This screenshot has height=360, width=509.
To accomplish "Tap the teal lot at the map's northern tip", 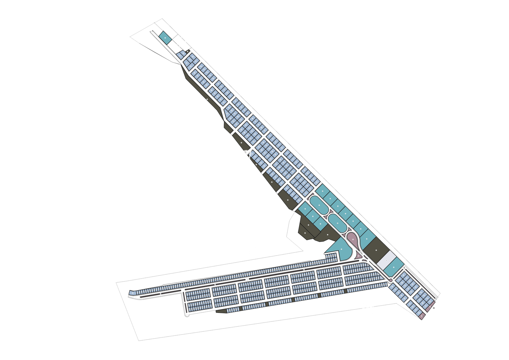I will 164,37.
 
